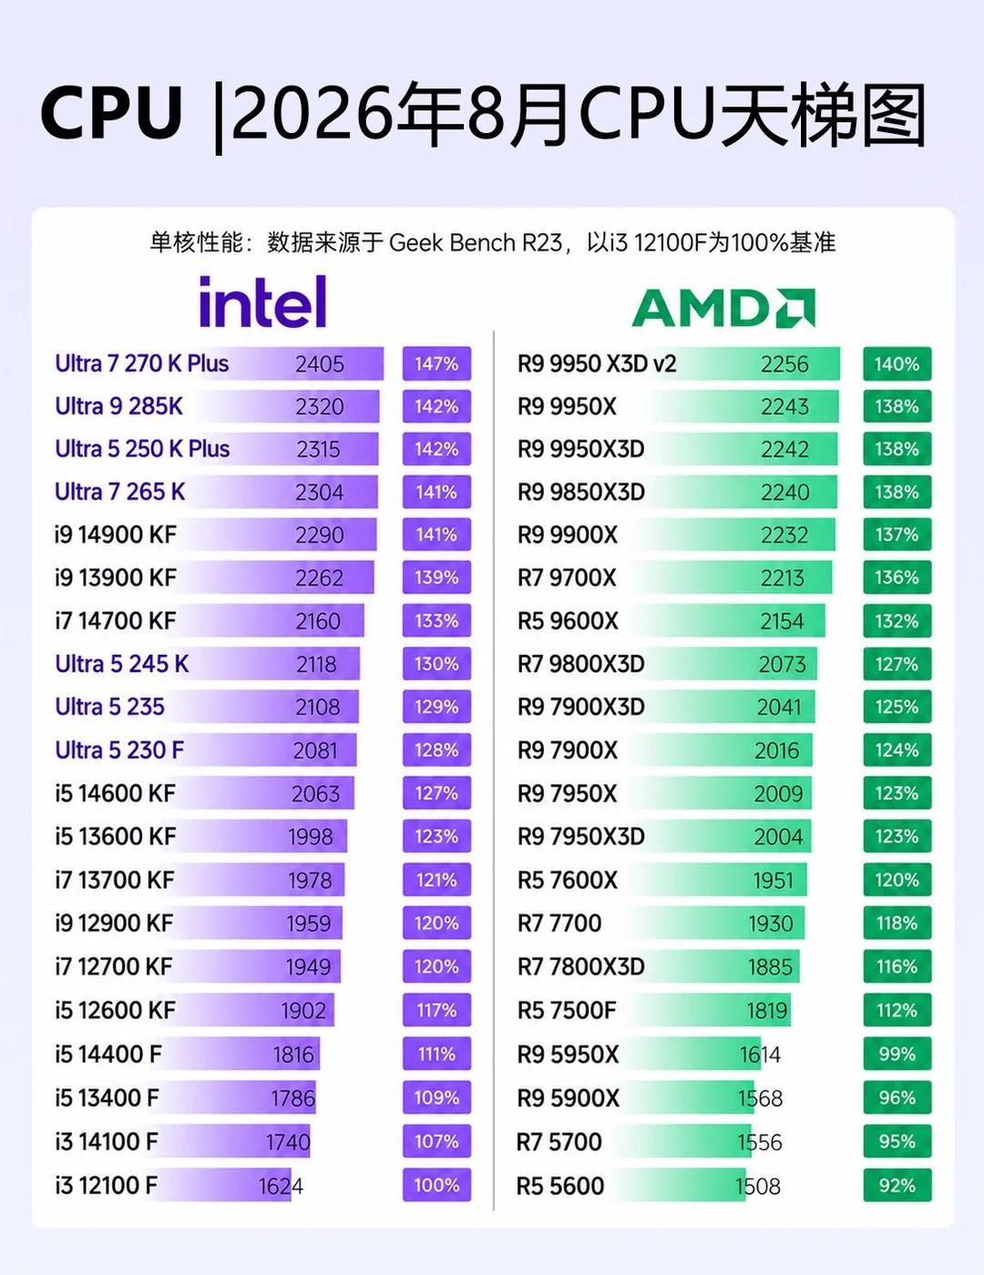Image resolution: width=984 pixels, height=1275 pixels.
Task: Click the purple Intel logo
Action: pos(262,301)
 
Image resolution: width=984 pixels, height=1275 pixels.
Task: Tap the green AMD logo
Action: pos(723,308)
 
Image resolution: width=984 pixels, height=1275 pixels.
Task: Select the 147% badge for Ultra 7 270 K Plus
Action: pos(436,363)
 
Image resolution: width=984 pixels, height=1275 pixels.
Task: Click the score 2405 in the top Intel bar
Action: pos(319,364)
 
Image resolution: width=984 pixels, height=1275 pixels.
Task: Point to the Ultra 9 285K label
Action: pos(118,406)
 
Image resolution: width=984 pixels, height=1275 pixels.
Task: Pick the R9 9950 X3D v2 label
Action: pos(597,363)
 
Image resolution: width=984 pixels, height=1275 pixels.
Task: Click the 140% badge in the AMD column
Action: pos(897,363)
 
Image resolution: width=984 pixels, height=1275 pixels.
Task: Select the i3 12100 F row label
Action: pos(107,1185)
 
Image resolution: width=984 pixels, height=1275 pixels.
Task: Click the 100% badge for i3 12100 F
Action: pos(436,1185)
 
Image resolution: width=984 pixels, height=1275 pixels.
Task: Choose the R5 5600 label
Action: pos(560,1186)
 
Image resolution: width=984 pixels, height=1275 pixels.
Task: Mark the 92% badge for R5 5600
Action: pos(897,1185)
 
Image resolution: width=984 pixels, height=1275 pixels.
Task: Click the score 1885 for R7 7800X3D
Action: pos(771,967)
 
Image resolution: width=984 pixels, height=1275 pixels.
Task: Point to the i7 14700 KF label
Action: pos(115,621)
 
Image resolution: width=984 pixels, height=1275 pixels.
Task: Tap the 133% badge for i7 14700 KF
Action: pos(436,621)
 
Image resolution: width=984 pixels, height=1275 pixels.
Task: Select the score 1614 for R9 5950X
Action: pos(760,1055)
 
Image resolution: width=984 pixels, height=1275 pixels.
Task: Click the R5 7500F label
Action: pos(567,1010)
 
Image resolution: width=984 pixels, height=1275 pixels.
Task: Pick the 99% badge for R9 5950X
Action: pos(897,1054)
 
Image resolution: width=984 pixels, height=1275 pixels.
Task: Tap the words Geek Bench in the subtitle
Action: pos(452,242)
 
